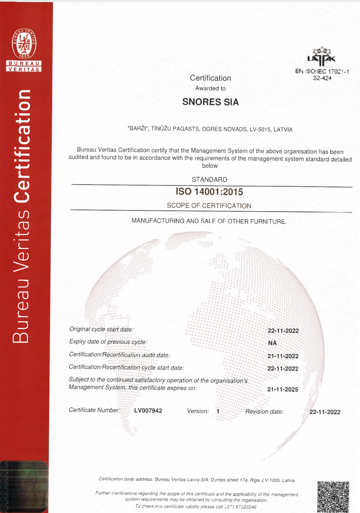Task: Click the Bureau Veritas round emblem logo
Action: (24, 44)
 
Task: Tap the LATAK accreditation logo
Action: (321, 56)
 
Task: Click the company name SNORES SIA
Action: (210, 102)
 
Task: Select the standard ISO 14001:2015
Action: (209, 192)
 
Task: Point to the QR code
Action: (333, 497)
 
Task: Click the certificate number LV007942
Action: (148, 410)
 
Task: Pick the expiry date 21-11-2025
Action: (283, 389)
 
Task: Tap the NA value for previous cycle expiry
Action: (273, 343)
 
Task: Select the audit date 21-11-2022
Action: (283, 356)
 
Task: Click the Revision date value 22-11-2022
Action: (325, 412)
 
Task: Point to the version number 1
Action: (218, 411)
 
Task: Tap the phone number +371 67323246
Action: (240, 507)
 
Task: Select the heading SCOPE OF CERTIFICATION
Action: (209, 206)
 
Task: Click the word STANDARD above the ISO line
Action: (209, 180)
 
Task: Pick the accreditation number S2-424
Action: (322, 78)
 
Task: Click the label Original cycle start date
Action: (101, 329)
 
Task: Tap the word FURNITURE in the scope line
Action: (268, 221)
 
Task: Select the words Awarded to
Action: (210, 88)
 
